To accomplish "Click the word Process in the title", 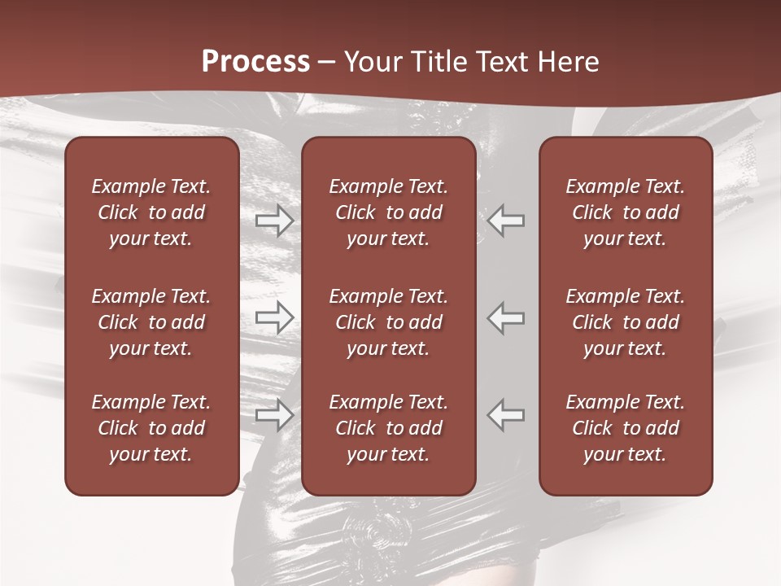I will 255,62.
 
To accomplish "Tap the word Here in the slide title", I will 568,62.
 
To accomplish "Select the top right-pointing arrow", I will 274,221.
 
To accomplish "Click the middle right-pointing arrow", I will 274,317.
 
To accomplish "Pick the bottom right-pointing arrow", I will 274,415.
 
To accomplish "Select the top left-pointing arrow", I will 506,221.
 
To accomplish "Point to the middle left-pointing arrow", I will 506,317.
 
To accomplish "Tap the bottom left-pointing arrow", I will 506,415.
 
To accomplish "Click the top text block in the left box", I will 151,212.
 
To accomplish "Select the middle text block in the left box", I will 151,322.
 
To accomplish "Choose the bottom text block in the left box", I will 151,428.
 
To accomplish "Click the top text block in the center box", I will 388,212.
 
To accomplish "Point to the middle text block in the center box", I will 388,322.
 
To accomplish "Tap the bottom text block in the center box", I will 388,428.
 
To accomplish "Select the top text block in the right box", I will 625,212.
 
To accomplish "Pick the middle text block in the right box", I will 625,322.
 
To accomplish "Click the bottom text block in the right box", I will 625,428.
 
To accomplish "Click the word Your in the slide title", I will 368,62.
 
